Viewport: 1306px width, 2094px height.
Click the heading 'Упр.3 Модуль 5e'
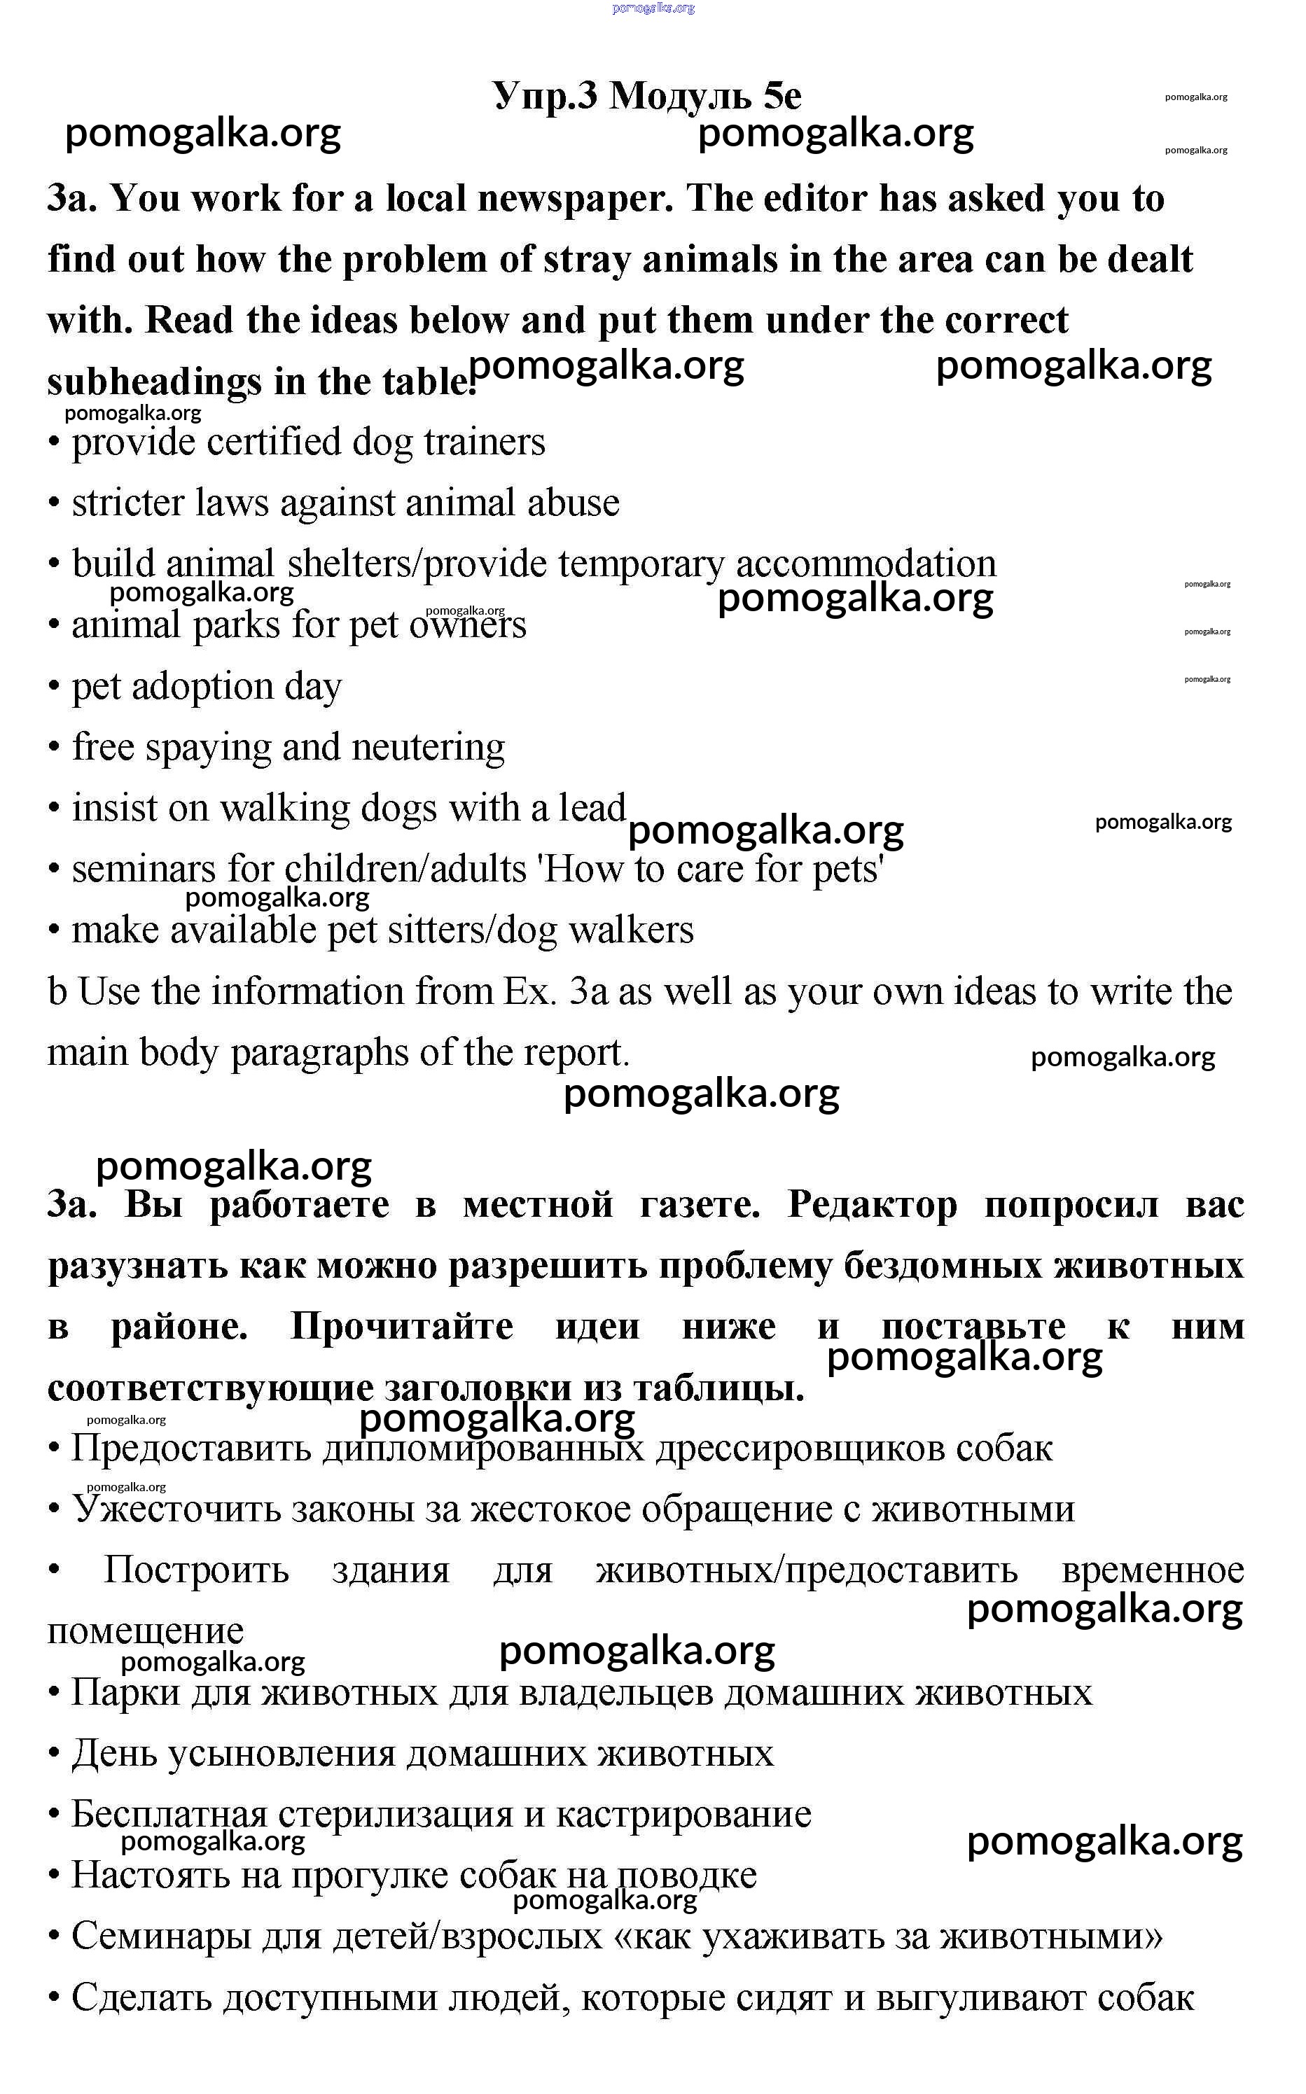646,95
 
